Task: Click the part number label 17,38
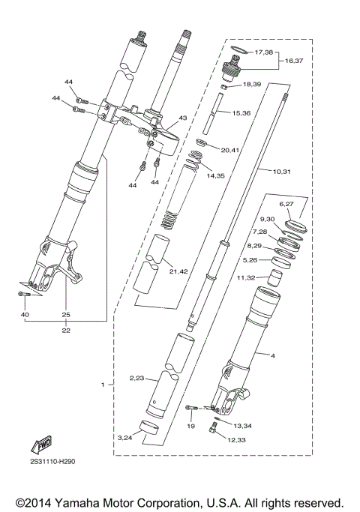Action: [x=265, y=52]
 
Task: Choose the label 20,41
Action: [x=231, y=149]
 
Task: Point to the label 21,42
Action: [x=178, y=271]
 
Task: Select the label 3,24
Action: [x=126, y=437]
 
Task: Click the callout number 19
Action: [x=191, y=426]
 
